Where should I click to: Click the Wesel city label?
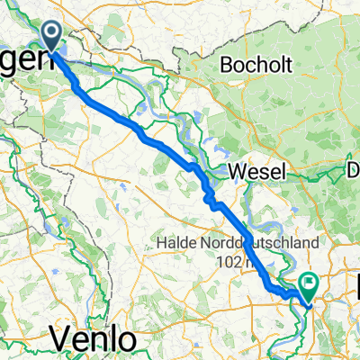(256, 172)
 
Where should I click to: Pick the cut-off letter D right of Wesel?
(354, 171)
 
